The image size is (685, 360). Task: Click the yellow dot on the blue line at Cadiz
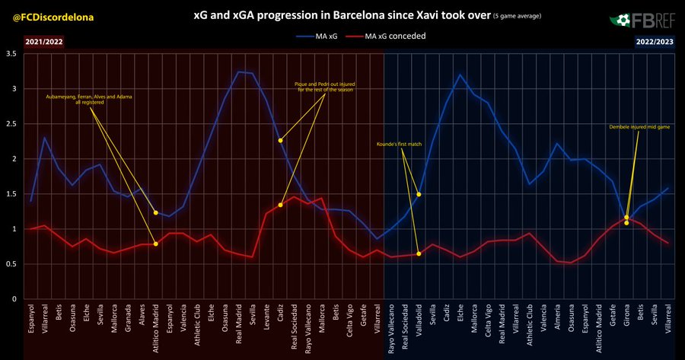281,140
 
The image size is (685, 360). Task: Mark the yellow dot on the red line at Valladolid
419,253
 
